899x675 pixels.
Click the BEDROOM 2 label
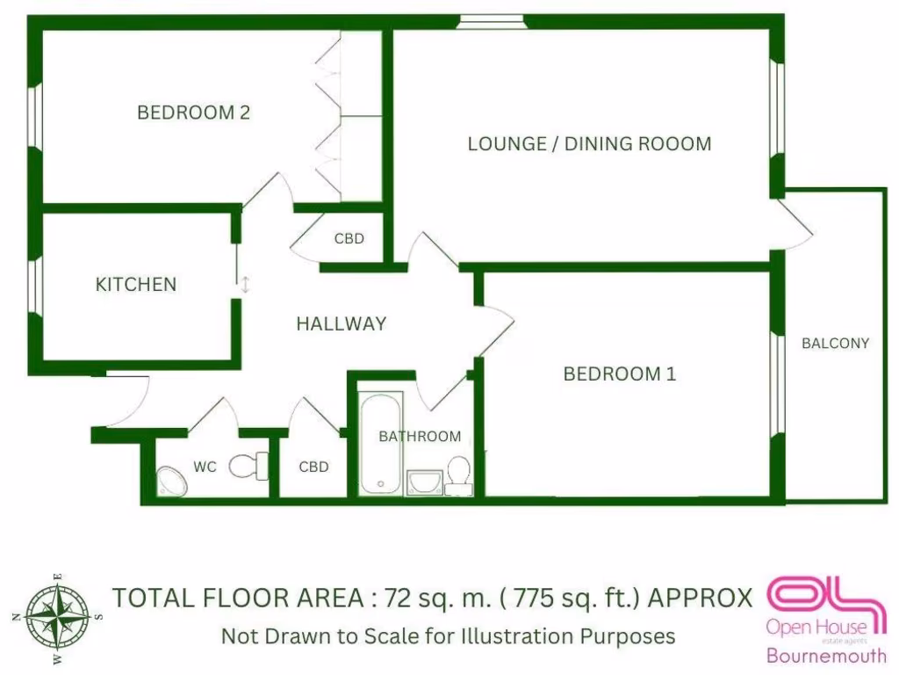193,112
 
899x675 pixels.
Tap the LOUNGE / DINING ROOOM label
589,143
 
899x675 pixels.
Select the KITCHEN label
135,284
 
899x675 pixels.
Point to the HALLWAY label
341,323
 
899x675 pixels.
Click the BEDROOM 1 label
619,374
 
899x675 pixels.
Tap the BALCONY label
835,344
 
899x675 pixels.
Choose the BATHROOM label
420,436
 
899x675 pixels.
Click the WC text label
205,467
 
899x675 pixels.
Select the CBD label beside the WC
313,467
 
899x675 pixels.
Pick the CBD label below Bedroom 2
349,238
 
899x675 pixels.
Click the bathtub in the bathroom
381,444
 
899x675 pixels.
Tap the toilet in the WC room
248,466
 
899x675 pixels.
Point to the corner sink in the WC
169,480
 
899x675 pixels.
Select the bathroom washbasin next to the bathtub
425,482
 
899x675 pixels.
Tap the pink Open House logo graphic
824,597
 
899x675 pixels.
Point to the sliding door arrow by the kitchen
246,285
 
